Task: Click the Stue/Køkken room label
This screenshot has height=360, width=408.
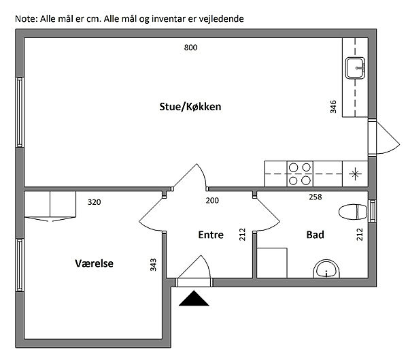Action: (190, 107)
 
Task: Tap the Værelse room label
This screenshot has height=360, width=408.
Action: (95, 263)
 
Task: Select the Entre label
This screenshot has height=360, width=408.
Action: (211, 235)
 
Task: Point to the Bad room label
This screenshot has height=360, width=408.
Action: (315, 235)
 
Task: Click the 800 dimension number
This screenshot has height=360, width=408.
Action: (190, 48)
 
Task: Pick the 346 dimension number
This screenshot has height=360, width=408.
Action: (333, 107)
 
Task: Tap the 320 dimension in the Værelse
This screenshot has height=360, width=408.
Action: (95, 202)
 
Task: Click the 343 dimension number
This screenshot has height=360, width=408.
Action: (153, 265)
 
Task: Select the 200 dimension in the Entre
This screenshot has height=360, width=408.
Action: (212, 201)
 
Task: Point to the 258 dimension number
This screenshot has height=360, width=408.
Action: (316, 197)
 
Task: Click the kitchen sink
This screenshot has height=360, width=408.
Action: (355, 68)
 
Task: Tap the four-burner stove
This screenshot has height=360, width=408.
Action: (300, 174)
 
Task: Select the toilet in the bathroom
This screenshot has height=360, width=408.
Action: (353, 212)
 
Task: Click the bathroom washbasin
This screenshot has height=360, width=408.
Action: (326, 269)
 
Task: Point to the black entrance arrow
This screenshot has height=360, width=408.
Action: (194, 299)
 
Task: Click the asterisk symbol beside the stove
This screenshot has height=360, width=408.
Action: (355, 174)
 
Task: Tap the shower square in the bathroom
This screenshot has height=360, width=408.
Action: (272, 263)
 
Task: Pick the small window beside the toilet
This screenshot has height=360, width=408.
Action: (373, 211)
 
